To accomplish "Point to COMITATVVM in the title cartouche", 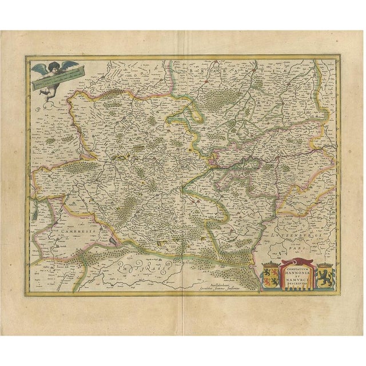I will [x=293, y=264].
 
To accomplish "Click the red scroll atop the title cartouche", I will [x=293, y=260].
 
